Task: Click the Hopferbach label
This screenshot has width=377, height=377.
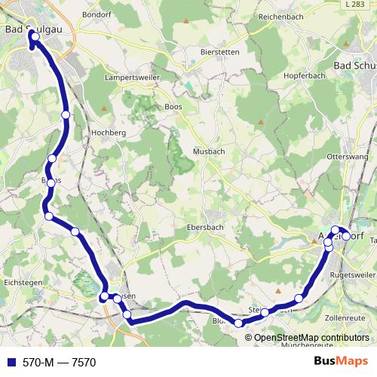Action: click(x=304, y=75)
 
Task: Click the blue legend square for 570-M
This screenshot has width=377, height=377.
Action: click(x=10, y=362)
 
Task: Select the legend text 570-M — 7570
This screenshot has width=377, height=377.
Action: click(x=59, y=362)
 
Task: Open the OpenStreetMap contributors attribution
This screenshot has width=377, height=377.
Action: click(x=311, y=337)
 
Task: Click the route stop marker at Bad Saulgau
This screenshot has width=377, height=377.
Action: click(x=35, y=36)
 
